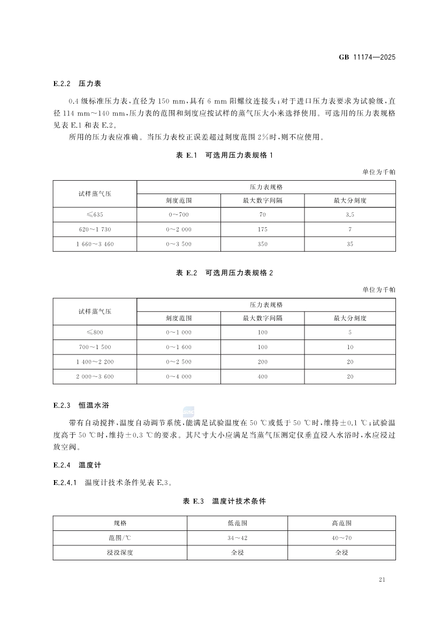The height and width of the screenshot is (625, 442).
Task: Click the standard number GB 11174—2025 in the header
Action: (x=367, y=57)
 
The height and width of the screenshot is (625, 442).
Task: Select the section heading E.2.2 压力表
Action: (x=78, y=84)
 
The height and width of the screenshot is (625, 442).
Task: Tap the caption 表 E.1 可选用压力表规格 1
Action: (x=224, y=156)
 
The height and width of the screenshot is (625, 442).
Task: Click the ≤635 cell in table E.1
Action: (x=95, y=214)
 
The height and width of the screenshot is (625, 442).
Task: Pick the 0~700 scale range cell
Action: (x=179, y=214)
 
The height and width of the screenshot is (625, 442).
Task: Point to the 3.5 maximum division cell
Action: (x=350, y=214)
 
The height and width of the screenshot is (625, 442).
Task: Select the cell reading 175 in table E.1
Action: (x=262, y=229)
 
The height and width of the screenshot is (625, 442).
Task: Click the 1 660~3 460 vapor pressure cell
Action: (x=95, y=244)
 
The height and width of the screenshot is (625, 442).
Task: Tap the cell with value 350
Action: (x=262, y=244)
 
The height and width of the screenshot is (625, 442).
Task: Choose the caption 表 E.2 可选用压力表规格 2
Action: (x=224, y=273)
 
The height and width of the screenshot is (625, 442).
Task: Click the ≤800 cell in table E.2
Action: (x=95, y=332)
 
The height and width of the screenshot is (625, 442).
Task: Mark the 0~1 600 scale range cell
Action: (x=179, y=347)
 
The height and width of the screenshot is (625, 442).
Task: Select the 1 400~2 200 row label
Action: (x=95, y=362)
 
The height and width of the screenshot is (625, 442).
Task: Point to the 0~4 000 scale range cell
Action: (x=179, y=377)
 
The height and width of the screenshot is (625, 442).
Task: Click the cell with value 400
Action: (x=262, y=377)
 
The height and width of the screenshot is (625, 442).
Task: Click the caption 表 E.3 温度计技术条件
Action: (x=224, y=501)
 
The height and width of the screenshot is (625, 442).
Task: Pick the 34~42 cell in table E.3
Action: (x=237, y=538)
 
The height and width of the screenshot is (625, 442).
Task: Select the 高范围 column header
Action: (x=341, y=523)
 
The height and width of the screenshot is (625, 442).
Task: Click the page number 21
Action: (x=382, y=580)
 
